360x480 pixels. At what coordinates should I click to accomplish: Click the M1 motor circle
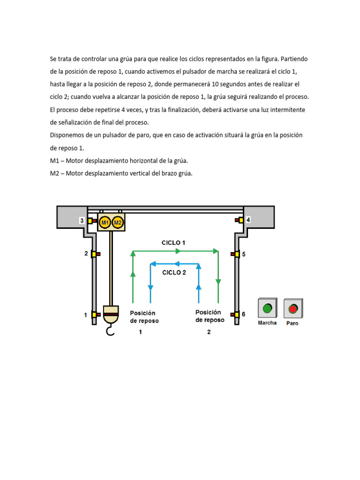pos(105,222)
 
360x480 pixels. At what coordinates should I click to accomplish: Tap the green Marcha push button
pos(267,308)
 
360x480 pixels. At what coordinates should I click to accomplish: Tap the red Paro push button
pos(293,309)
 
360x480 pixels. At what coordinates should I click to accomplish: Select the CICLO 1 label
pos(173,243)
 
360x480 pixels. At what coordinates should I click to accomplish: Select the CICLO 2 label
pos(174,272)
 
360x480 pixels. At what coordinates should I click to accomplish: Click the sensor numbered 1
pos(95,315)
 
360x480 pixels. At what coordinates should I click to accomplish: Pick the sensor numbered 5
pos(234,254)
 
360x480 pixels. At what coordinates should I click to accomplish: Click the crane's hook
pos(111,332)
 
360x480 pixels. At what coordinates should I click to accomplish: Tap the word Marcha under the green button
pos(267,322)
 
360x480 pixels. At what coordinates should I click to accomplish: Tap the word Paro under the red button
pos(292,323)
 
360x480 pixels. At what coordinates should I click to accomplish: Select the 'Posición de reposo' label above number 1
pos(144,317)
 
